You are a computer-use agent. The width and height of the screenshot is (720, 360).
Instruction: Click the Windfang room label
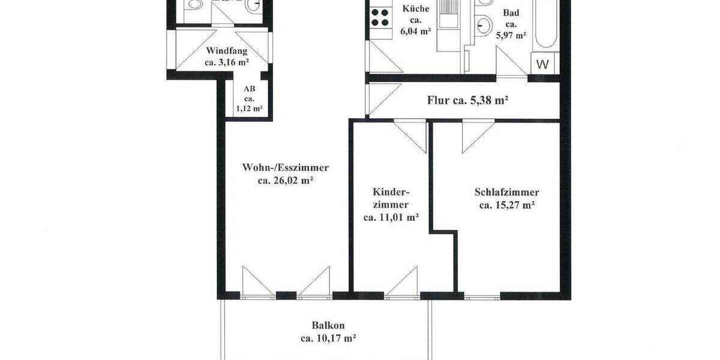pyautogui.click(x=227, y=51)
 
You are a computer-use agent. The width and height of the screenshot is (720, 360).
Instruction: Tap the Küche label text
pyautogui.click(x=415, y=9)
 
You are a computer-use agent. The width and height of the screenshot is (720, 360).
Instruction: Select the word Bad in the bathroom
pyautogui.click(x=511, y=13)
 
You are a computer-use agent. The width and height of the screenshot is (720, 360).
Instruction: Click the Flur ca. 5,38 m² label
pyautogui.click(x=468, y=100)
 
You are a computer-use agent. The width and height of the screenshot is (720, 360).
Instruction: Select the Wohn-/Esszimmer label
pyautogui.click(x=286, y=167)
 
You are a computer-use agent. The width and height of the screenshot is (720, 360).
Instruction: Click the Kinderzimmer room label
pyautogui.click(x=391, y=199)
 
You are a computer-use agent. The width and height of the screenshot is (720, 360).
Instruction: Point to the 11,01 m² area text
pyautogui.click(x=391, y=218)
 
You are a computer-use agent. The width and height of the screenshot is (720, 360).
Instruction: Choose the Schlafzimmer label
pyautogui.click(x=506, y=193)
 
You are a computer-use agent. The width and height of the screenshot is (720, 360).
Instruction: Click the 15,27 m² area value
pyautogui.click(x=507, y=205)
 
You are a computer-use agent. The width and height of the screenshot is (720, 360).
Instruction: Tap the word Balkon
pyautogui.click(x=328, y=325)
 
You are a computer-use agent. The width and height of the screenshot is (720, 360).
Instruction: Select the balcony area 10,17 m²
pyautogui.click(x=328, y=338)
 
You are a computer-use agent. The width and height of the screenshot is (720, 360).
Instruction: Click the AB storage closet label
pyautogui.click(x=249, y=89)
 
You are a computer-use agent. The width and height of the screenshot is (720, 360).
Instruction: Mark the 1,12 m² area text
pyautogui.click(x=249, y=109)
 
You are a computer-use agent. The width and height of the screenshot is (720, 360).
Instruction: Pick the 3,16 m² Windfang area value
pyautogui.click(x=227, y=62)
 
